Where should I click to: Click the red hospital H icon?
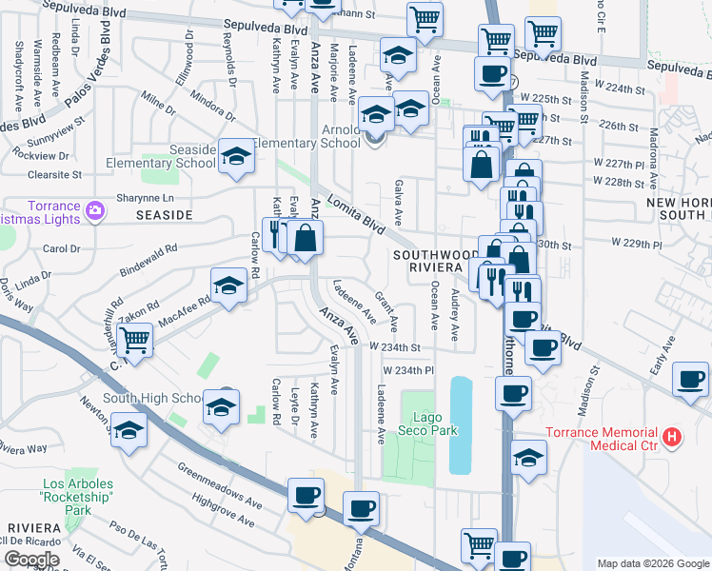pos(673,438)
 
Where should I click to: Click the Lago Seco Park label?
pos(434,423)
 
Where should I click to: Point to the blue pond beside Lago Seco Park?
pos(460,424)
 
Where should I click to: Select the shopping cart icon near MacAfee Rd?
pos(134,339)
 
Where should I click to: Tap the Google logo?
pos(31,560)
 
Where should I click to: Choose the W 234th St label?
pos(394,347)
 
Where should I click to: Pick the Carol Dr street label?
pos(62,249)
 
